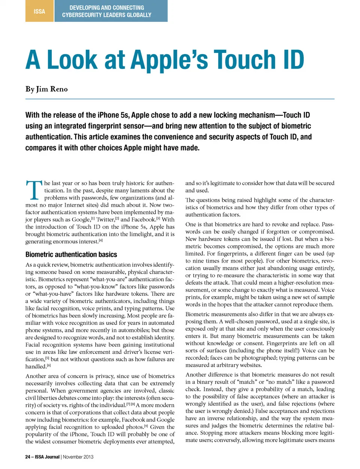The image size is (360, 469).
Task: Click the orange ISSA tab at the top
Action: pyautogui.click(x=39, y=11)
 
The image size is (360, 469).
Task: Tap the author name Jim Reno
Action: pyautogui.click(x=52, y=89)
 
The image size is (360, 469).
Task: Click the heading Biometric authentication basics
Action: pyautogui.click(x=71, y=255)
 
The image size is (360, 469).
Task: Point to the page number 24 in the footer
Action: pyautogui.click(x=28, y=457)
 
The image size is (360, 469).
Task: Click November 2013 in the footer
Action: pyautogui.click(x=78, y=457)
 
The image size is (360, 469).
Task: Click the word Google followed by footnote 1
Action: pyautogui.click(x=81, y=220)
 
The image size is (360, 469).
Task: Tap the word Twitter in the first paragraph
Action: pyautogui.click(x=105, y=220)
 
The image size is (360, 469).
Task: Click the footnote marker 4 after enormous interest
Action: pyautogui.click(x=100, y=240)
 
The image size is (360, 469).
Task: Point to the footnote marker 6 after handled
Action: pyautogui.click(x=49, y=365)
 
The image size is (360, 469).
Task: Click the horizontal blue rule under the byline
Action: pyautogui.click(x=180, y=99)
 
